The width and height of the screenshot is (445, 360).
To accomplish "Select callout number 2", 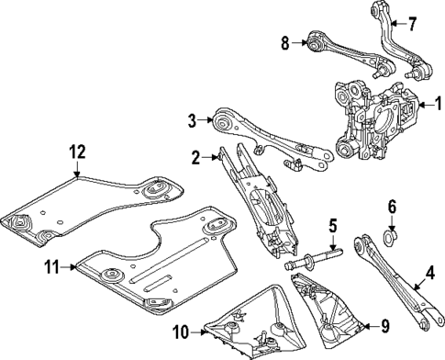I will [x=195, y=157].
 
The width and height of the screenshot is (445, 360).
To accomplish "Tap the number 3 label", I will [x=191, y=119].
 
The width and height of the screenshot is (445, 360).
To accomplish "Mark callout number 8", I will [x=284, y=41].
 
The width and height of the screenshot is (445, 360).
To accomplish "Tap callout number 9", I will [x=384, y=324].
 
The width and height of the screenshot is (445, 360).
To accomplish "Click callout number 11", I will [x=50, y=267].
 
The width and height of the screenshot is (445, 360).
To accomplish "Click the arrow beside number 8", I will [x=299, y=41].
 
